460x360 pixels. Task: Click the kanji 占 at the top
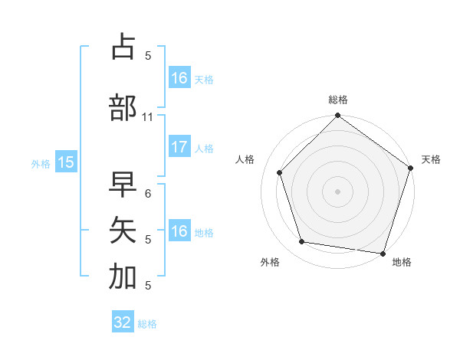click(x=123, y=47)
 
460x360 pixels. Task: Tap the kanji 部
click(x=123, y=107)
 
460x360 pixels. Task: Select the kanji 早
click(x=123, y=185)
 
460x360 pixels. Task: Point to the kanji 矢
click(x=123, y=229)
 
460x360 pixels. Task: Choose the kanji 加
click(x=123, y=277)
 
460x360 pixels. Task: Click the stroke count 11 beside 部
click(x=148, y=117)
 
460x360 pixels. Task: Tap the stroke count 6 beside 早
click(x=148, y=194)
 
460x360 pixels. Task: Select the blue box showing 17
click(x=179, y=148)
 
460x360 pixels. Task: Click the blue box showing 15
click(x=65, y=162)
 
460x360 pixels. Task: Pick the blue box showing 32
click(x=123, y=323)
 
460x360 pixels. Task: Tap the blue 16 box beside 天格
click(x=179, y=78)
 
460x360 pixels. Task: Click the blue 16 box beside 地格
click(x=179, y=231)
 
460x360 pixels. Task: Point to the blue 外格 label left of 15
click(x=40, y=163)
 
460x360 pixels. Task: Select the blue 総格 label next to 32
click(x=147, y=324)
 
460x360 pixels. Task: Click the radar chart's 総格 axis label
click(x=337, y=100)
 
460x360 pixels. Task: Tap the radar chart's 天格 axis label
click(x=431, y=159)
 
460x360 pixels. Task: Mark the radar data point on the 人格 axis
click(x=280, y=172)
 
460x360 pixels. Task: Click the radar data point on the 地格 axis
click(x=382, y=253)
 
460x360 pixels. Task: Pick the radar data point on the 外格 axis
click(x=302, y=242)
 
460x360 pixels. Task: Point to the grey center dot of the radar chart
click(x=337, y=191)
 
